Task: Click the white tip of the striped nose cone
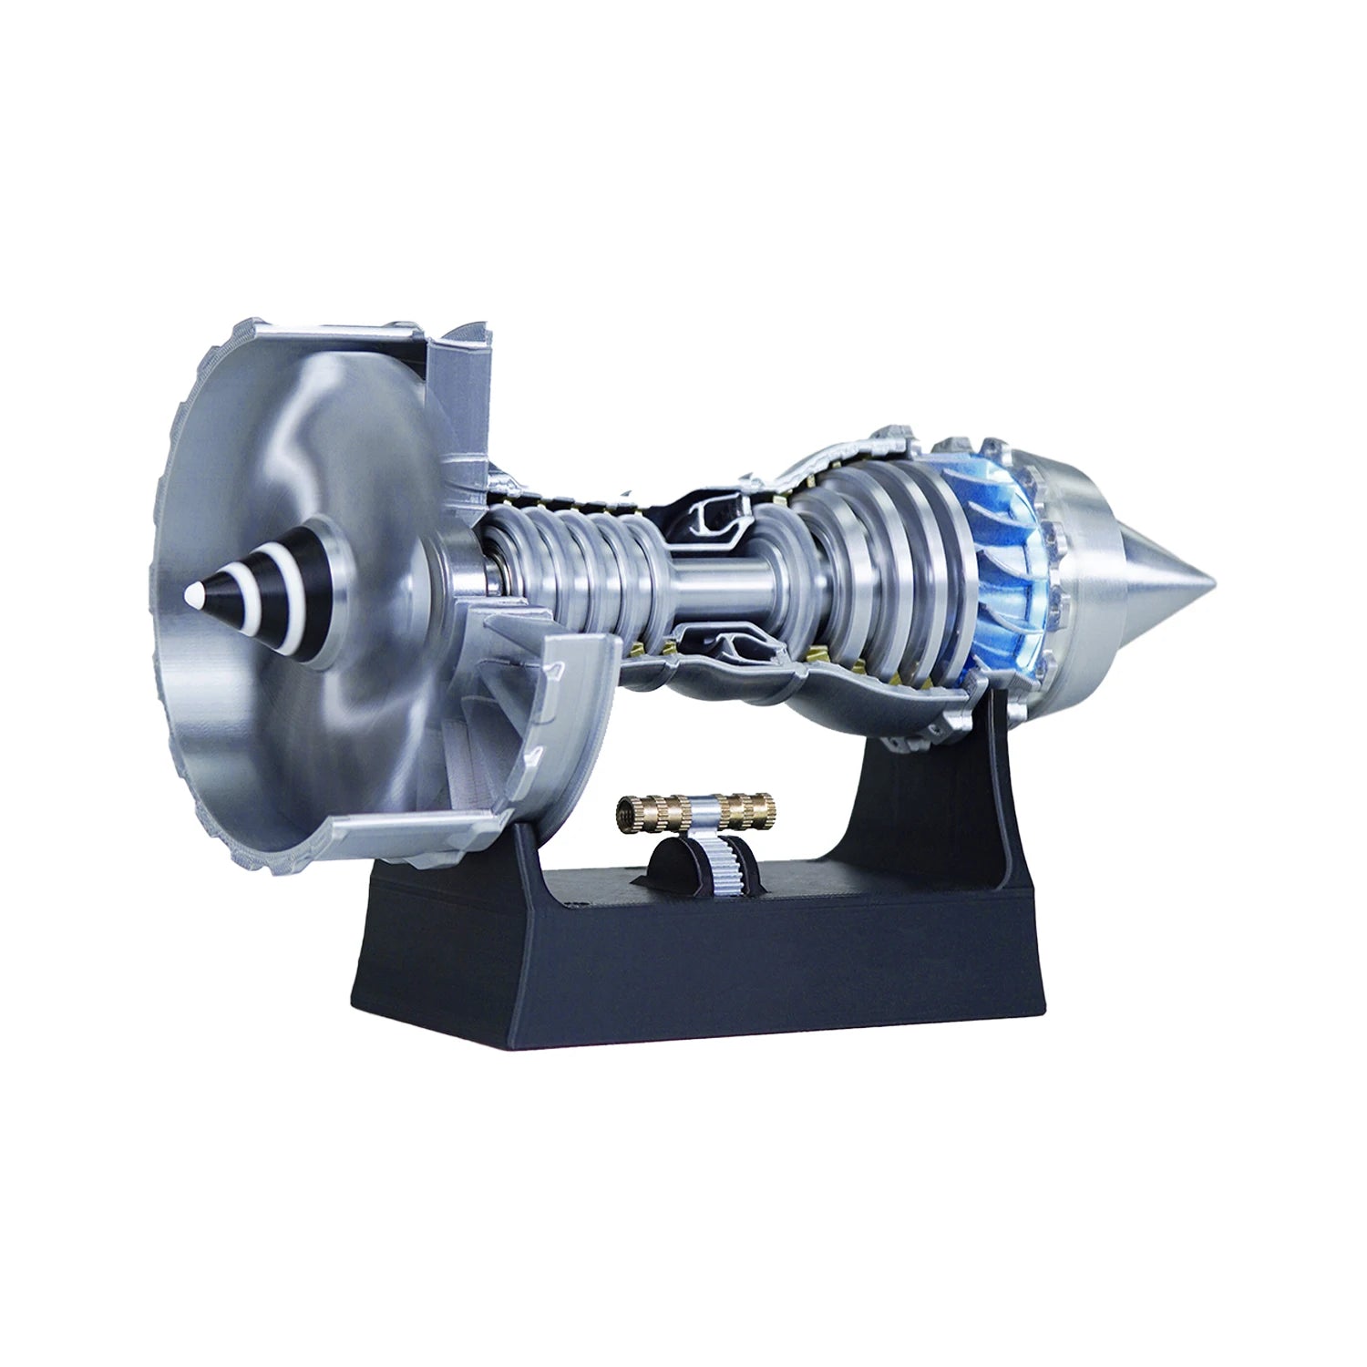point(192,593)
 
